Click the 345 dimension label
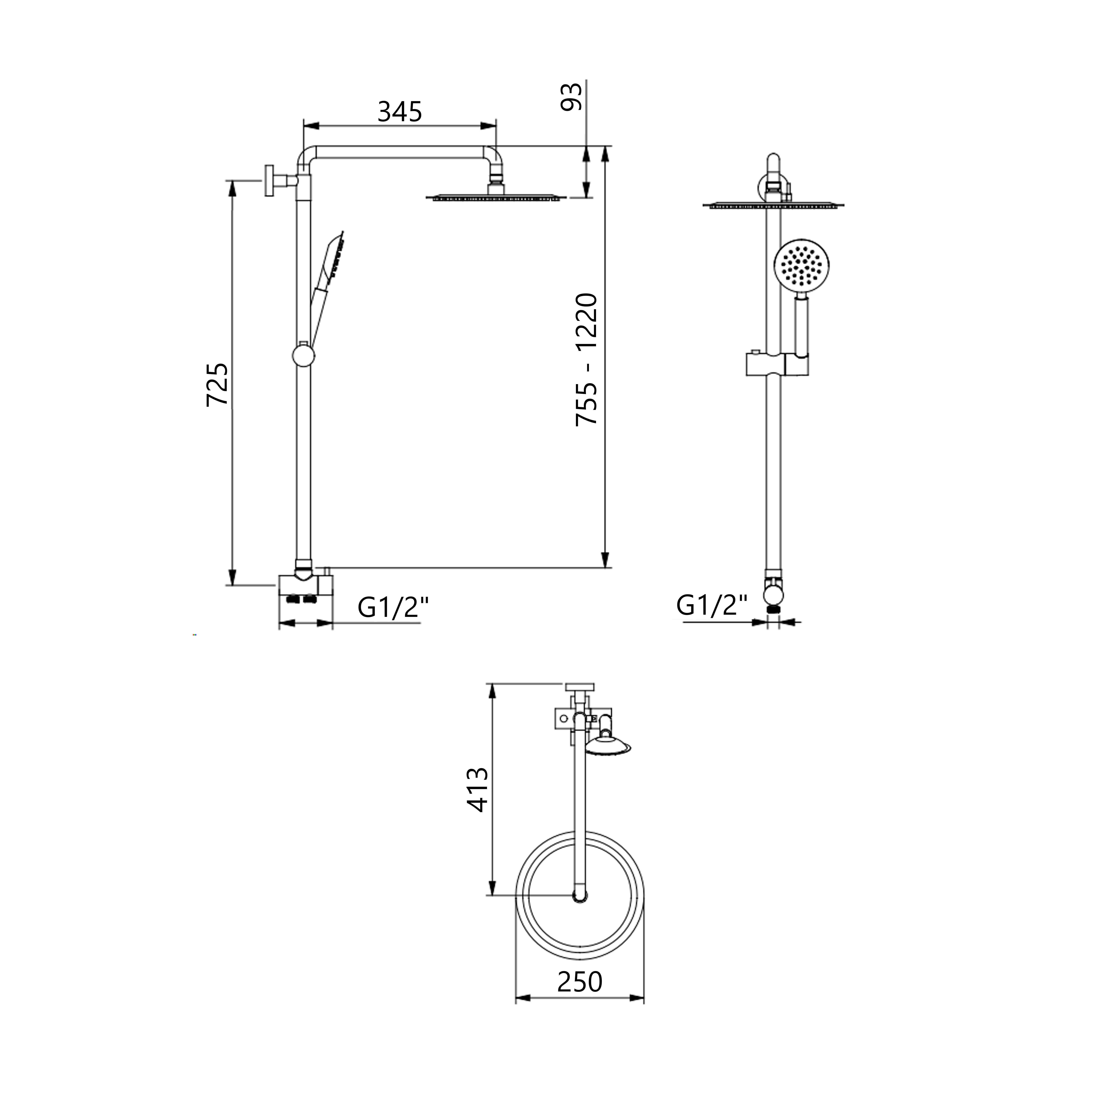[400, 112]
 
